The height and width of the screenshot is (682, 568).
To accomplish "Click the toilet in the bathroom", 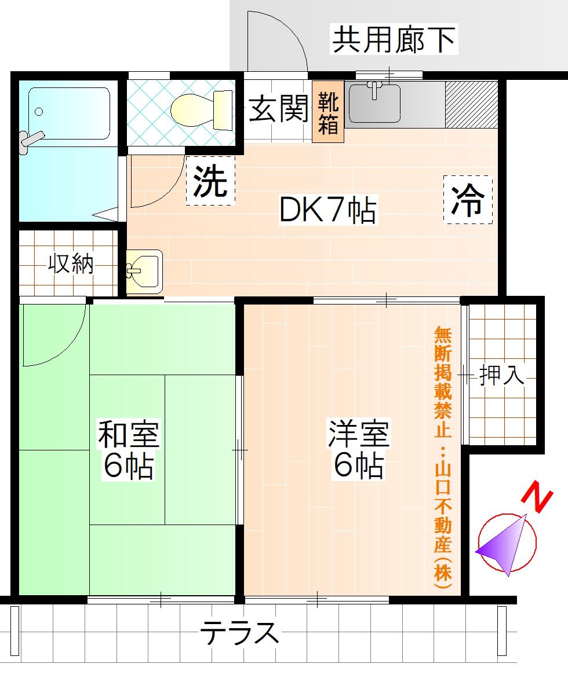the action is (x=202, y=111).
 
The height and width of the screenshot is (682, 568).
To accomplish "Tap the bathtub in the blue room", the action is (x=69, y=113).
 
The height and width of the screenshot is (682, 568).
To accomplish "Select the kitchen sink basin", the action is (x=374, y=104).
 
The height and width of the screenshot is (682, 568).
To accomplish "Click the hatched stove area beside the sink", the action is (x=471, y=104).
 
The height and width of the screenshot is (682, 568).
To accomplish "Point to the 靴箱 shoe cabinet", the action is (x=328, y=112).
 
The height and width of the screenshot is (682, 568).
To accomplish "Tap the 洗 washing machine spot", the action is (x=210, y=181).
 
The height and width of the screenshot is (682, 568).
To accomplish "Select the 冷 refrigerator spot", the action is (x=468, y=200).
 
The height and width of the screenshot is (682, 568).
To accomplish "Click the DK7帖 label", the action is (x=327, y=210).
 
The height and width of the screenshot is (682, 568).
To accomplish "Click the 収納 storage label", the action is (x=71, y=263).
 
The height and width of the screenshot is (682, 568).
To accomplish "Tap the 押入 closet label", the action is (x=501, y=375).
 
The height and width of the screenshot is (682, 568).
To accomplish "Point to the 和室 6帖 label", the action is (x=128, y=449).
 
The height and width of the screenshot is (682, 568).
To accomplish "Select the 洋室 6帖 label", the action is (x=359, y=449).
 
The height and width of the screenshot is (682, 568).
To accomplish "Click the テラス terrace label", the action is (x=239, y=633).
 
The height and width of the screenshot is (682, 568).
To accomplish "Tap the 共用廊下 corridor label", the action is (x=394, y=39).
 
